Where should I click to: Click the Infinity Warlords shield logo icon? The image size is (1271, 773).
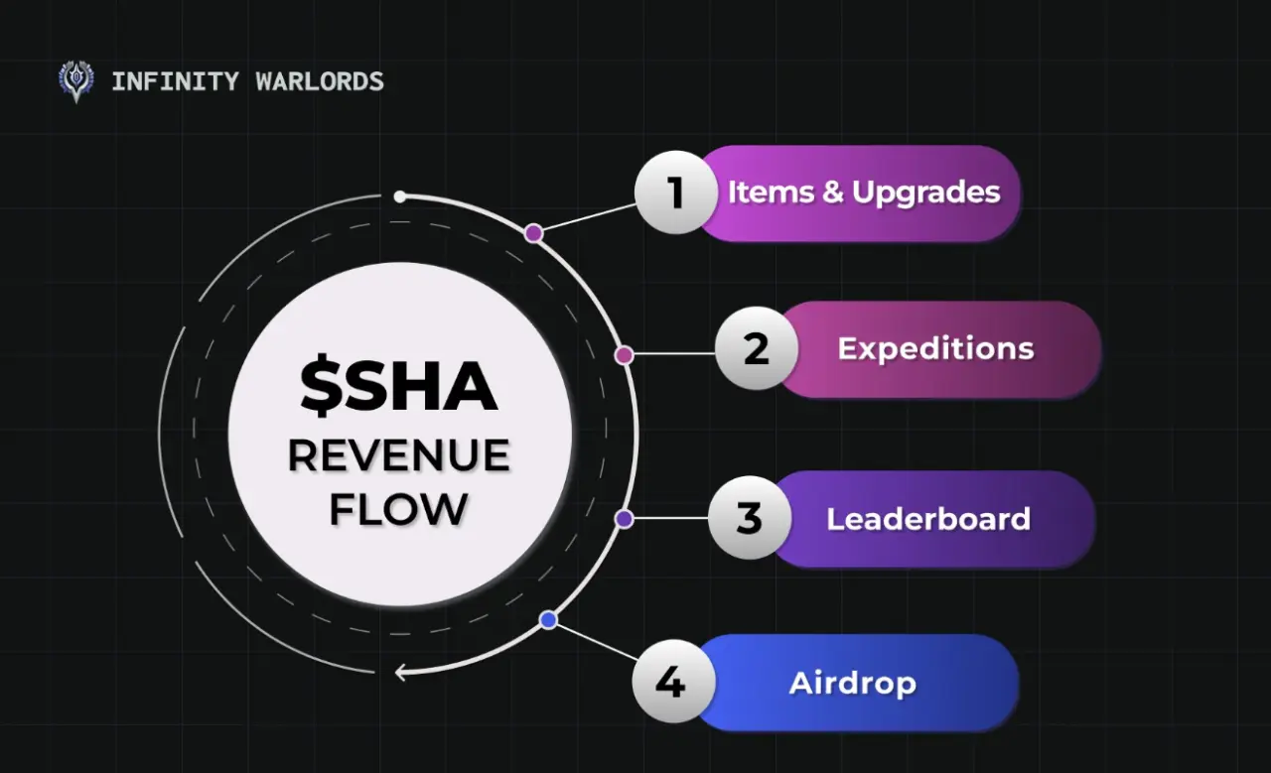[x=76, y=81]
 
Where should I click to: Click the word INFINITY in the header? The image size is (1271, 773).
[x=176, y=81]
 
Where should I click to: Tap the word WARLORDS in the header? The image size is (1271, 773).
[x=320, y=81]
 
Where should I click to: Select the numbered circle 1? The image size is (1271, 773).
[x=676, y=193]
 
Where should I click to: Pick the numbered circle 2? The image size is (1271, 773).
[x=757, y=348]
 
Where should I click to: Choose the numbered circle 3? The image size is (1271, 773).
[x=750, y=518]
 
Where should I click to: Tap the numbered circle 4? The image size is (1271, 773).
[x=673, y=681]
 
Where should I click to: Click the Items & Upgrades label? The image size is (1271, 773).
[x=864, y=193]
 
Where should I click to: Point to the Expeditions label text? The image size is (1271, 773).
[x=935, y=348]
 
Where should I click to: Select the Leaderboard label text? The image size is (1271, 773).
[x=928, y=519]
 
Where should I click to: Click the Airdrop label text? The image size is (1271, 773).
[x=852, y=684]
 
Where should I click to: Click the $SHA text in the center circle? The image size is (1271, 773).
[x=399, y=386]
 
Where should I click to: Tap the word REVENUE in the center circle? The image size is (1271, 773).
[x=399, y=454]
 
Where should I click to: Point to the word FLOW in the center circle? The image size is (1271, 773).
[x=399, y=509]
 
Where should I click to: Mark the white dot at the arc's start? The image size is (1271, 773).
[x=400, y=196]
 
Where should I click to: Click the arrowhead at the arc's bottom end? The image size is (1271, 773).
[x=400, y=673]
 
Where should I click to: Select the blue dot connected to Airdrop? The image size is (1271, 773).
[x=548, y=620]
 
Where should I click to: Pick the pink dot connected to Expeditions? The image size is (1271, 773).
[x=625, y=355]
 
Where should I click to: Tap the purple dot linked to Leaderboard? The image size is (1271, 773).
[x=625, y=518]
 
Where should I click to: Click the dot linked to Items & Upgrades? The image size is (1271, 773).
[x=533, y=233]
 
